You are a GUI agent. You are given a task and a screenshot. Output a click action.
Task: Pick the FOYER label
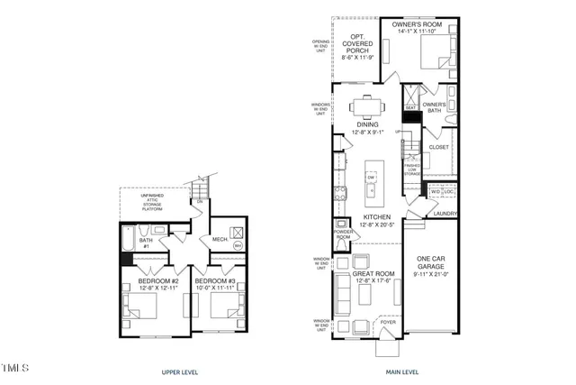click(x=387, y=318)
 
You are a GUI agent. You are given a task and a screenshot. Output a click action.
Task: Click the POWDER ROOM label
click(x=342, y=234)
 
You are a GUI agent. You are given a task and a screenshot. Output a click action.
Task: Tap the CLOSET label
click(x=439, y=146)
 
